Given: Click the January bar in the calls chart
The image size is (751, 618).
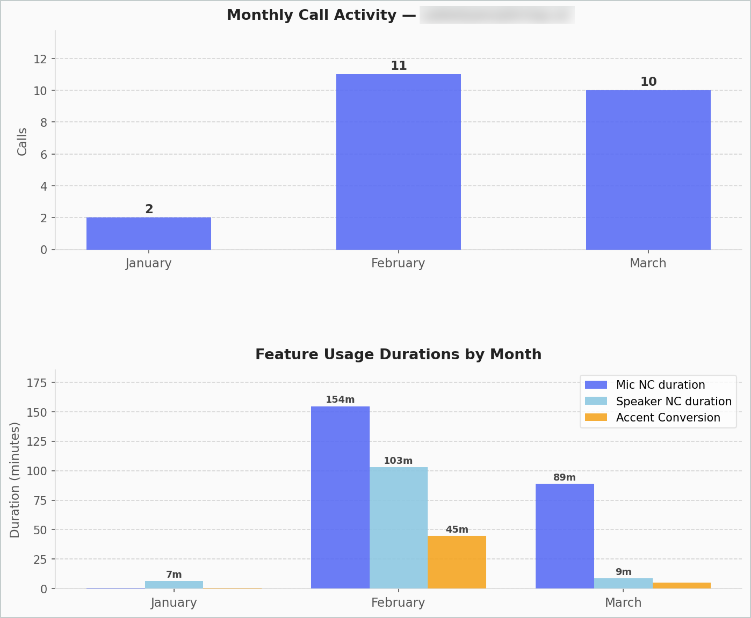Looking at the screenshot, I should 149,234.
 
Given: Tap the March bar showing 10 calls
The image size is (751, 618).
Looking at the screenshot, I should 648,170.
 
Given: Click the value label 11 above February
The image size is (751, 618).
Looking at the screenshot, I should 399,66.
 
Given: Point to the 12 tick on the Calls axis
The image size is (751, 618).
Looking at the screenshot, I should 40,59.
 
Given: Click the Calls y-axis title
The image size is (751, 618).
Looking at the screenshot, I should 22,142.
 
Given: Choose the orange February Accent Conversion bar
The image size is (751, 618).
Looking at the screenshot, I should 457,562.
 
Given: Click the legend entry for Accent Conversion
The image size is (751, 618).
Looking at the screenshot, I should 668,417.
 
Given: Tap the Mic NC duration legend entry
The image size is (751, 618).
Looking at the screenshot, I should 660,385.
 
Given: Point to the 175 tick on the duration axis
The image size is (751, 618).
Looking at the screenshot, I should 37,383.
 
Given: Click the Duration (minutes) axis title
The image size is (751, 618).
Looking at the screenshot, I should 15,480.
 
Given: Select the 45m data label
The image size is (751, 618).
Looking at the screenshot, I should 457,529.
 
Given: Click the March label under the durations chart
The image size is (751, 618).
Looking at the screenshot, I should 623,602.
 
